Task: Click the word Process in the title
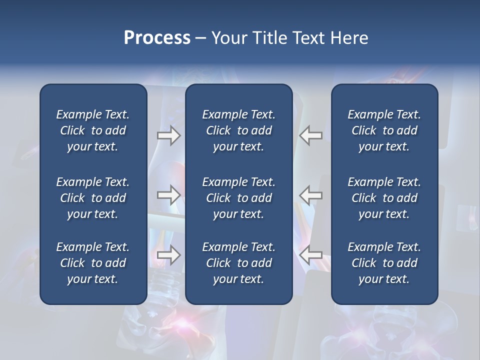coord(157,38)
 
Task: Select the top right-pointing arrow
coord(168,135)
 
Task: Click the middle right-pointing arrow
coord(168,194)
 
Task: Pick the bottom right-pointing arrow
coord(168,255)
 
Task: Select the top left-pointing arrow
coord(310,135)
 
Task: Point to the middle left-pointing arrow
coord(310,194)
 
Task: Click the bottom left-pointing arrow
coord(310,255)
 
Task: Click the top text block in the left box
coord(93,130)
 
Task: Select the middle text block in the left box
coord(93,198)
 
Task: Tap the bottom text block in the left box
coord(93,263)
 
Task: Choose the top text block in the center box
coord(238,130)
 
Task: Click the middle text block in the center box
coord(238,198)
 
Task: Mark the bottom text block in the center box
coord(238,263)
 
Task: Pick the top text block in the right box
coord(384,130)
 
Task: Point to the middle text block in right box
coord(384,198)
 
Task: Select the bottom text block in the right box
coord(384,263)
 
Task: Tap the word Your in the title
coord(228,38)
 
